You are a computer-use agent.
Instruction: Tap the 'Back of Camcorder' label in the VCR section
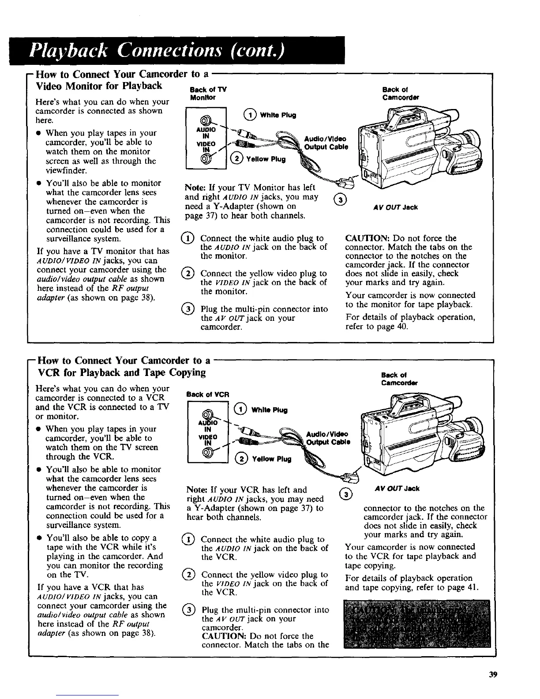point(400,379)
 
